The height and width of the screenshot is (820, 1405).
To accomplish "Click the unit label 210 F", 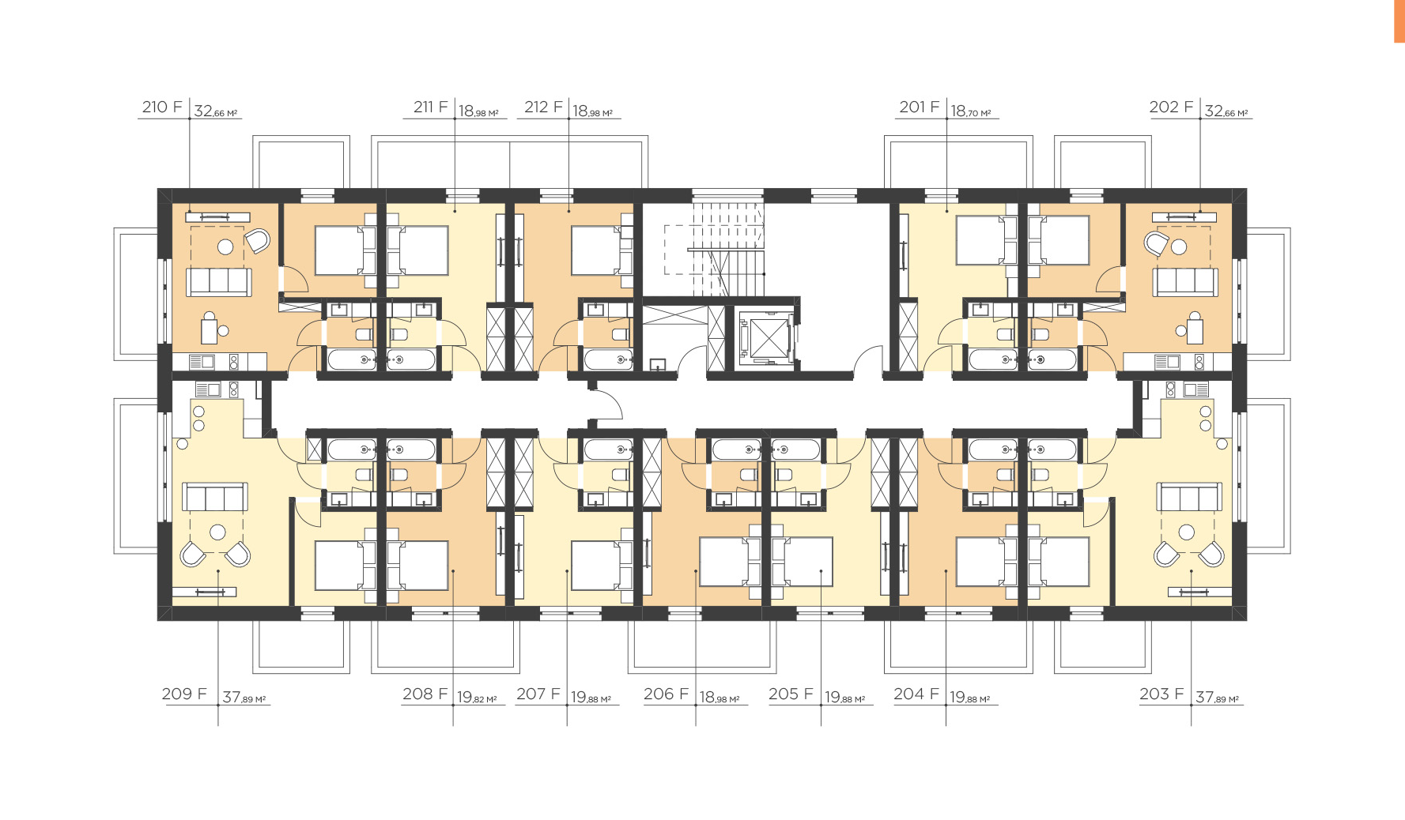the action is point(162,107).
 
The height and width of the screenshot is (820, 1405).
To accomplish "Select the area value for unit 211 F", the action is point(478,111).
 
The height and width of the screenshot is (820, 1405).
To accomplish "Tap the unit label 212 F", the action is point(543,107).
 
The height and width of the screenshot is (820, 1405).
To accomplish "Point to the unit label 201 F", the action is point(920,107).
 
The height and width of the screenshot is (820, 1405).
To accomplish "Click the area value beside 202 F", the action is point(1226,111).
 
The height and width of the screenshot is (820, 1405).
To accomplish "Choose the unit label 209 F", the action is point(184,694).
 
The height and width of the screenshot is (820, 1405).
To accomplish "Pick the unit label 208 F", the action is point(425,694).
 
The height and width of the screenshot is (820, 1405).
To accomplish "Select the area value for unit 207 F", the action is point(591,698).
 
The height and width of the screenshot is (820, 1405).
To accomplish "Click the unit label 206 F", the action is point(667,694).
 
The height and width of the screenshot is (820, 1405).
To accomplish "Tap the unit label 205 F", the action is point(791,694).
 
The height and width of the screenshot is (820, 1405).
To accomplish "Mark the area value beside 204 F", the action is point(969,698).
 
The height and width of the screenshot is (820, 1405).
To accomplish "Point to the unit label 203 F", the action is point(1161,694).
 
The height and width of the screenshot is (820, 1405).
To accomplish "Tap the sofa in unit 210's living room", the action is point(219,282).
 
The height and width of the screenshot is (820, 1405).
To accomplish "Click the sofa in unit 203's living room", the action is point(1189,498).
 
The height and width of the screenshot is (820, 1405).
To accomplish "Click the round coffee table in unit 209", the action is point(217,532).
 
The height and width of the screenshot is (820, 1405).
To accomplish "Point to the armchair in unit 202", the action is point(1156,242).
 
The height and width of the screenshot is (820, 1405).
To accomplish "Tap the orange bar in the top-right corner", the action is point(1399,21).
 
